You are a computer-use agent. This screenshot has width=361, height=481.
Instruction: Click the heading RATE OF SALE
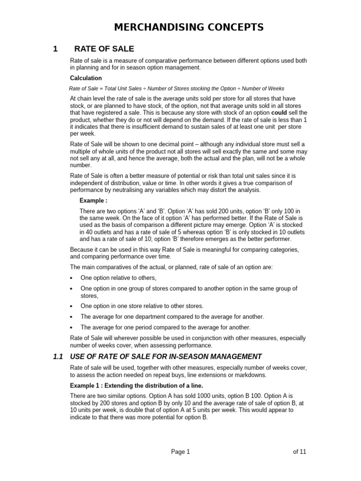click(104, 49)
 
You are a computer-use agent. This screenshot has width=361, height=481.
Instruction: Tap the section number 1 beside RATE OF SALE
click(55, 49)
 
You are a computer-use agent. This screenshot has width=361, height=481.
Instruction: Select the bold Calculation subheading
click(86, 78)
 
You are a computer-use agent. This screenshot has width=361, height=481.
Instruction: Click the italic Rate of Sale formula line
click(176, 88)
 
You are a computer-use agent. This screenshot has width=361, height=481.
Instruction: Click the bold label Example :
click(94, 201)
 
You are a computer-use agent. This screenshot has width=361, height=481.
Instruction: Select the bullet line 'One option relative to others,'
click(118, 278)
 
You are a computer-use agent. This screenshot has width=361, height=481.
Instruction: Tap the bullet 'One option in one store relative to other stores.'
click(142, 306)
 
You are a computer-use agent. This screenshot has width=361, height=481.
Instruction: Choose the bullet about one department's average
click(172, 317)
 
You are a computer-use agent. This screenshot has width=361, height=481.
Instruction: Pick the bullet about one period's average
click(165, 327)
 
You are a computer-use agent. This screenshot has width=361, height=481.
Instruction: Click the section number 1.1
click(58, 357)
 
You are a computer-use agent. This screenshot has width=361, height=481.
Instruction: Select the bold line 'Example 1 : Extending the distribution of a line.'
click(136, 386)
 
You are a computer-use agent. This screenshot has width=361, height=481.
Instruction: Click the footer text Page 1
click(180, 452)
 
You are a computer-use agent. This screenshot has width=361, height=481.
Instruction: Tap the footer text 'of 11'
click(299, 452)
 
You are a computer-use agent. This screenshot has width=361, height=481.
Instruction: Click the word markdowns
click(238, 375)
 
